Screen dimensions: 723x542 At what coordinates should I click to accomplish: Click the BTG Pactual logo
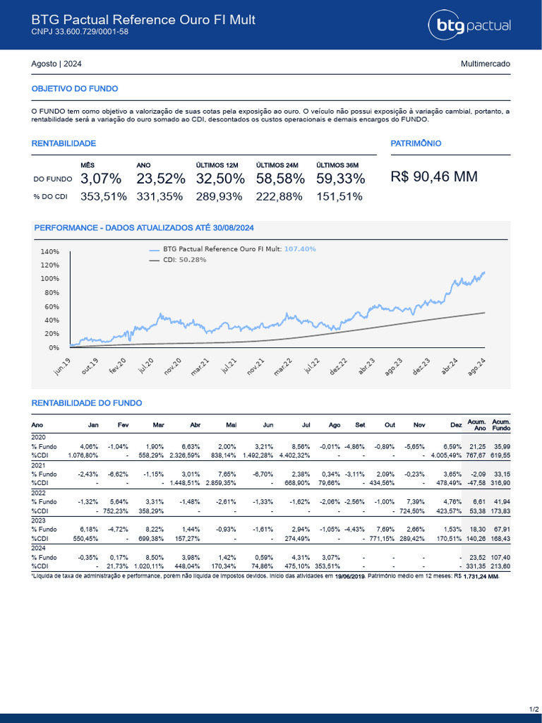[x=469, y=26]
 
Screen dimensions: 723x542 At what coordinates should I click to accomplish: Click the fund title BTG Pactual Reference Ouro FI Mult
[x=143, y=19]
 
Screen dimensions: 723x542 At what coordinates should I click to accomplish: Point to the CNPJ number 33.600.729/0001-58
[x=80, y=32]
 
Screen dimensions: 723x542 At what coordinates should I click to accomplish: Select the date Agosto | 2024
[x=56, y=64]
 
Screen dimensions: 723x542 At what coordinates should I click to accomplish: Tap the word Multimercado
[x=485, y=64]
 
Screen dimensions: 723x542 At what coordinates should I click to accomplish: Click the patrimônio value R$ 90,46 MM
[x=434, y=177]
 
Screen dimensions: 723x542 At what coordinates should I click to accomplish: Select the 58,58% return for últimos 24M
[x=280, y=178]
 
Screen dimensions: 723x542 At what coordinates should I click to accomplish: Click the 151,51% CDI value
[x=339, y=196]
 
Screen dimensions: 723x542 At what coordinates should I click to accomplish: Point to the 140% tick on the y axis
[x=50, y=252]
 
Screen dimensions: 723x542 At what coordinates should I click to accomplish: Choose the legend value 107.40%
[x=300, y=249]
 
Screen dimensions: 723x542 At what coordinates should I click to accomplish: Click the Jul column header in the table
[x=306, y=424]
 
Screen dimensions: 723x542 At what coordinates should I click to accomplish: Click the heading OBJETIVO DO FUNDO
[x=75, y=89]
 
